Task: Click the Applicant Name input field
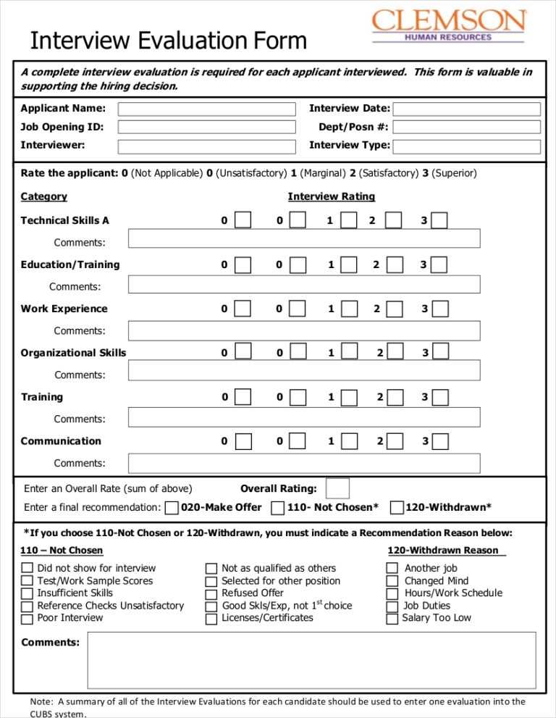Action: coord(206,109)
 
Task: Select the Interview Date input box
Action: coord(466,109)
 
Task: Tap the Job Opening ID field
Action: coord(206,128)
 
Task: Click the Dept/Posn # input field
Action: coord(466,128)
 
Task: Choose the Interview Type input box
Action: coord(466,146)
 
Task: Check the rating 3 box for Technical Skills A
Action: coord(439,220)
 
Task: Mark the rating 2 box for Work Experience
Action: coord(394,309)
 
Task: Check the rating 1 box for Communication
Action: coord(349,441)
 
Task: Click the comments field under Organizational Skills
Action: coord(304,370)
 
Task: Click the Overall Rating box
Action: coord(337,488)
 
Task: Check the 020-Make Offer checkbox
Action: coord(172,508)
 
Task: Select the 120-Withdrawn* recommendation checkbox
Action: coord(397,508)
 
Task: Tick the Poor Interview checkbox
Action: coord(27,619)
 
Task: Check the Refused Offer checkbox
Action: coord(211,594)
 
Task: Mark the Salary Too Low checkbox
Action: coord(392,619)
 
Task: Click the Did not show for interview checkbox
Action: coord(27,569)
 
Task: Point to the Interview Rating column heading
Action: coord(331,196)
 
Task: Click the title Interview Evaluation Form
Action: coord(168,41)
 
